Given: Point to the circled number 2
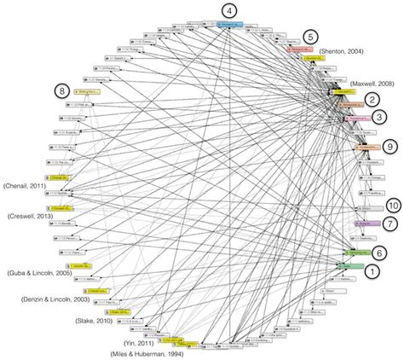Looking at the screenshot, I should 372,99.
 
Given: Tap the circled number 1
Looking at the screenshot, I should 372,270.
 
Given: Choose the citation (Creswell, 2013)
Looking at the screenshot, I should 32,217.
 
